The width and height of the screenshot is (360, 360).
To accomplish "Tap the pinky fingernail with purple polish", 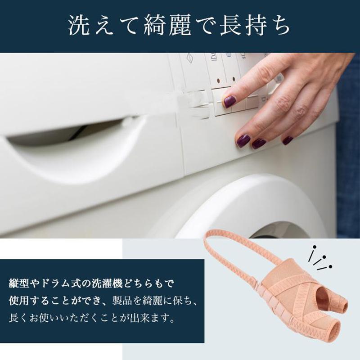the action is coord(287,140).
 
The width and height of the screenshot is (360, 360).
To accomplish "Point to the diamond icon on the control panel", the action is coord(189,58).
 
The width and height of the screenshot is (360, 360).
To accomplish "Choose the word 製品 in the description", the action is coord(121,301).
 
